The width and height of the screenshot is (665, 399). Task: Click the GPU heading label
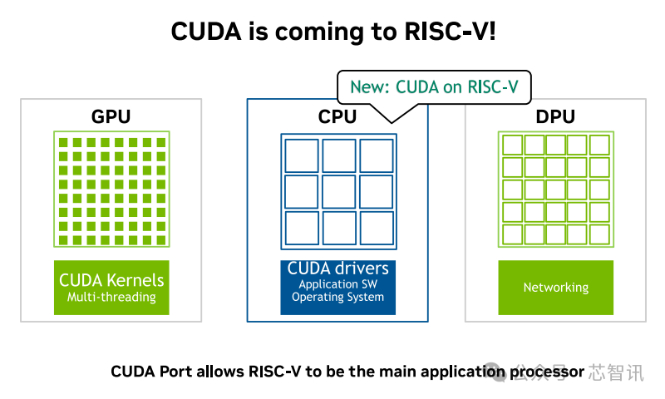pyautogui.click(x=111, y=116)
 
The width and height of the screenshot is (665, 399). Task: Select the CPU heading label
pyautogui.click(x=337, y=116)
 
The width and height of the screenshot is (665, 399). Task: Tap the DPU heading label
pyautogui.click(x=555, y=116)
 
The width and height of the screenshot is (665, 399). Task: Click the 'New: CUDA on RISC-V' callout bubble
pyautogui.click(x=433, y=86)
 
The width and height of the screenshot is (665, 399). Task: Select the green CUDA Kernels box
pyautogui.click(x=111, y=288)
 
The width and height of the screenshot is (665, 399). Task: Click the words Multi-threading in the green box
pyautogui.click(x=111, y=297)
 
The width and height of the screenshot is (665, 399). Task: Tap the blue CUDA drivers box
pyautogui.click(x=337, y=288)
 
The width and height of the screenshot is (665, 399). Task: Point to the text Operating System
pyautogui.click(x=337, y=298)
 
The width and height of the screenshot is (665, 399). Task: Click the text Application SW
pyautogui.click(x=337, y=284)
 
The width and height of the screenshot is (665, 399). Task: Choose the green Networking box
pyautogui.click(x=555, y=288)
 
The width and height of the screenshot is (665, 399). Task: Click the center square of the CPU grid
pyautogui.click(x=338, y=191)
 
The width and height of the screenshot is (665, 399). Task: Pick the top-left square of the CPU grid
pyautogui.click(x=302, y=155)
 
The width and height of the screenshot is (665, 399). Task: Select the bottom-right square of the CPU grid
pyautogui.click(x=376, y=228)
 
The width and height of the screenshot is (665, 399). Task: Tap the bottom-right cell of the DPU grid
pyautogui.click(x=599, y=234)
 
